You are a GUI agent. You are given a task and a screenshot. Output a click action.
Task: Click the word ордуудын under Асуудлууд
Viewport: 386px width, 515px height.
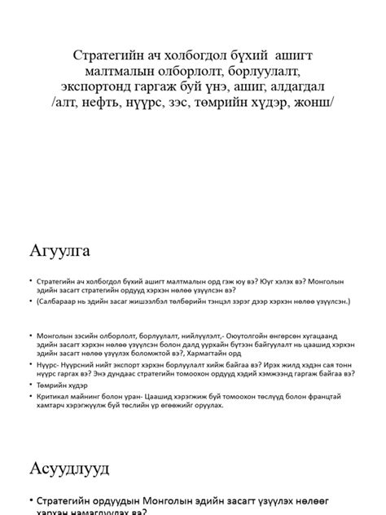coord(129,499)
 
